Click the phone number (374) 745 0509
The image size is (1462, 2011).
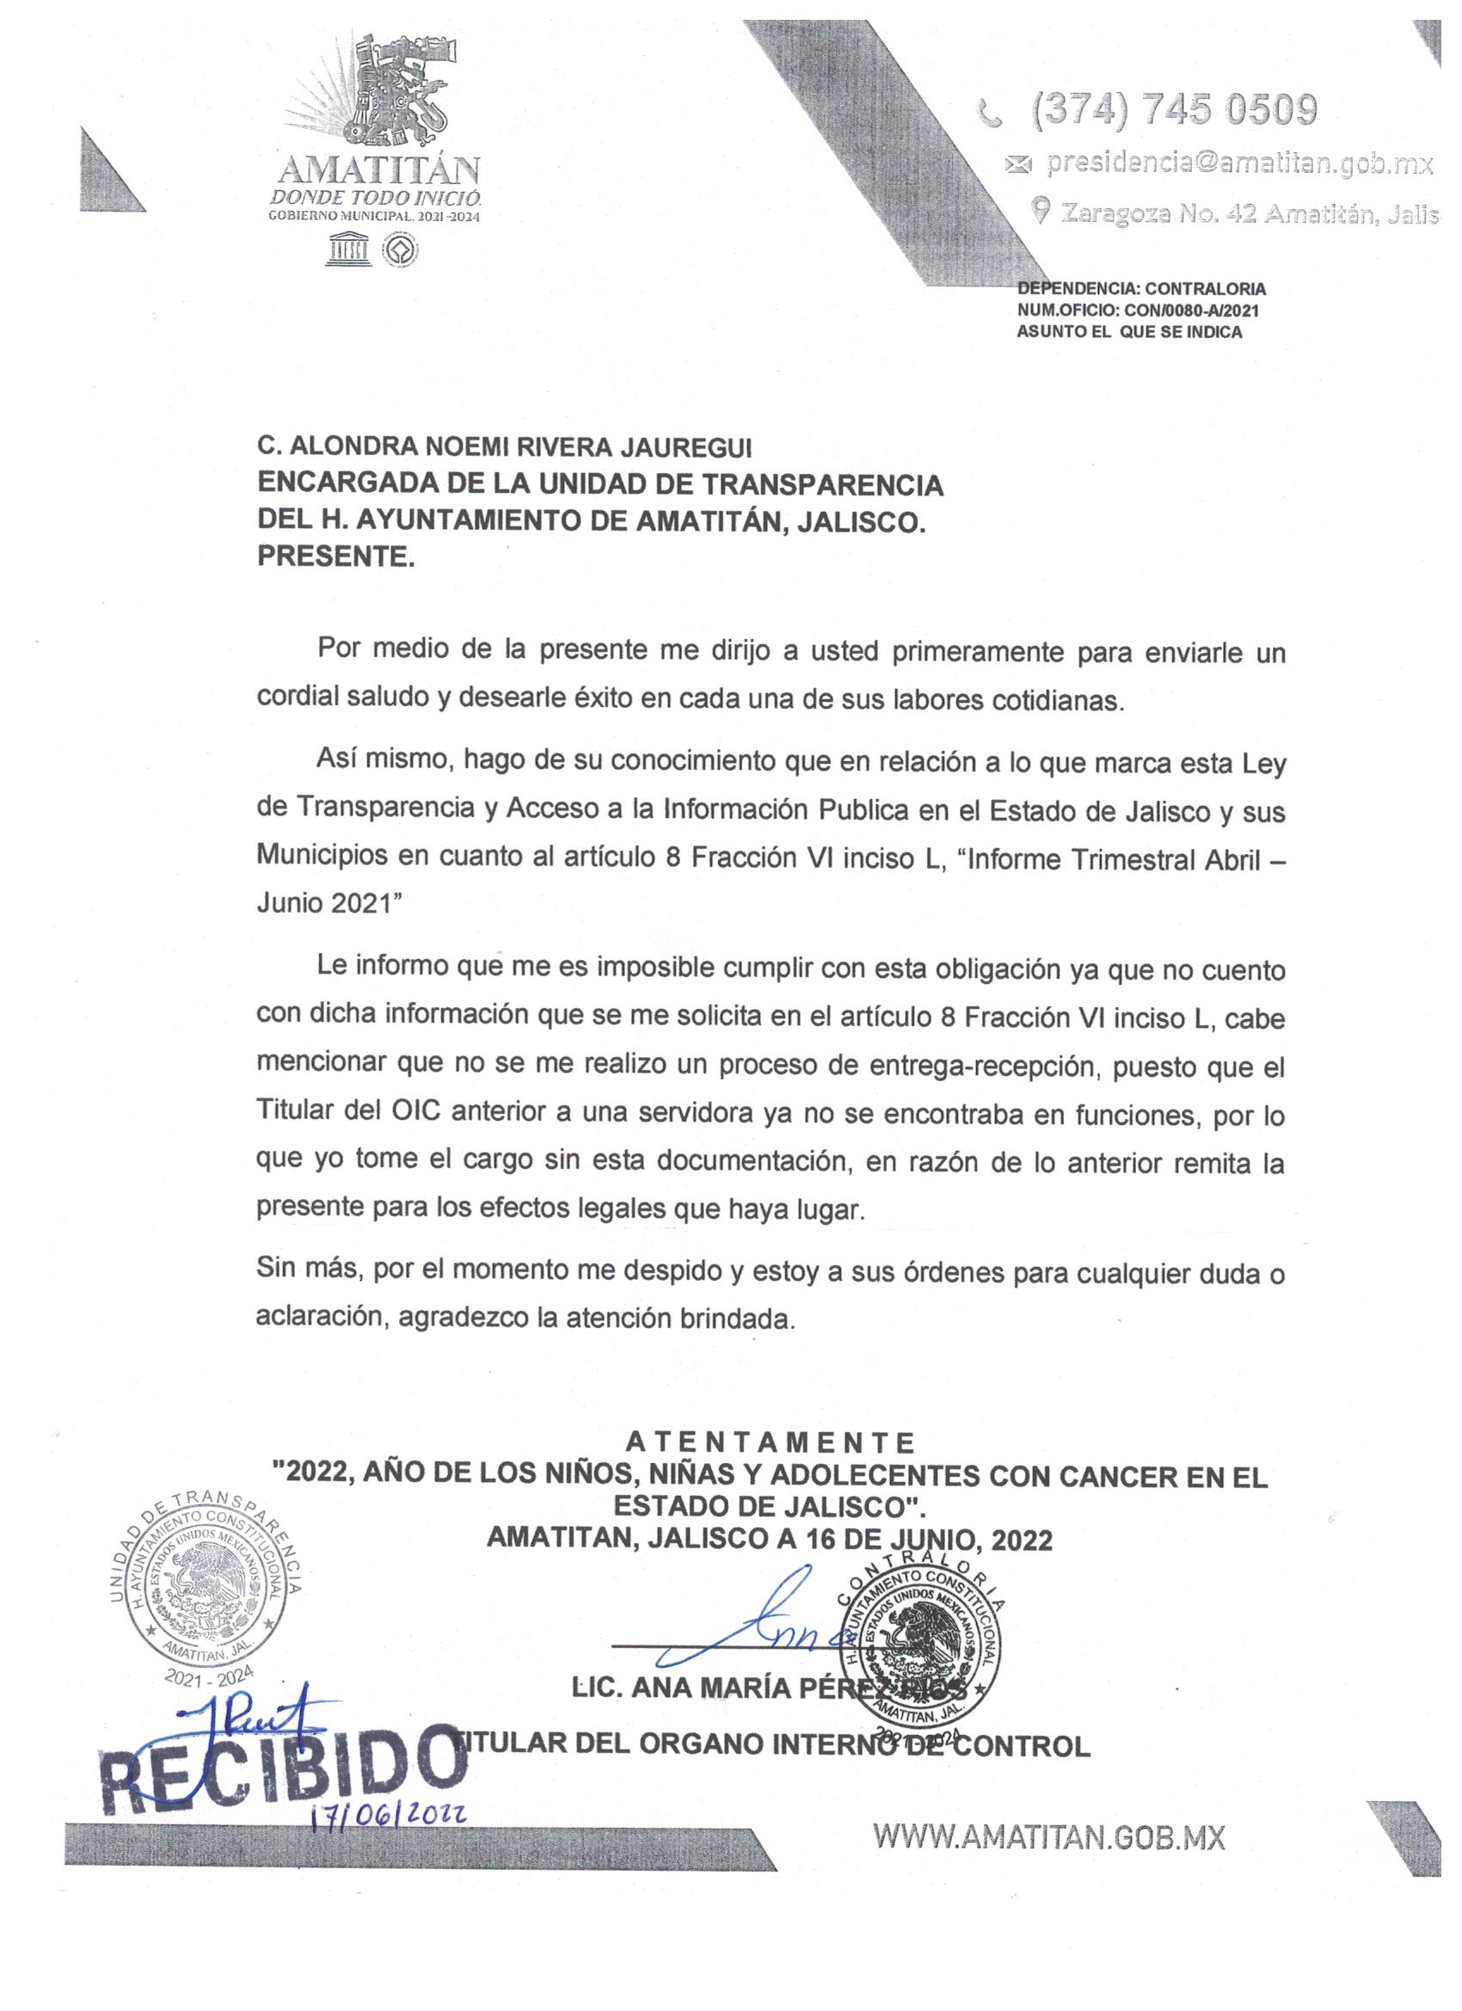click(1173, 111)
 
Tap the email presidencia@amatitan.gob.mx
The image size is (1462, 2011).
click(1238, 163)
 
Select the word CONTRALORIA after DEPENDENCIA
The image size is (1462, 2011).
click(1205, 288)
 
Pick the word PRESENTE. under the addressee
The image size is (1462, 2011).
click(335, 557)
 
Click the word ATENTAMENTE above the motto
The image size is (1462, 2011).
click(770, 1442)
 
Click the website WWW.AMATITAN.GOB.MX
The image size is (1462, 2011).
click(1049, 1837)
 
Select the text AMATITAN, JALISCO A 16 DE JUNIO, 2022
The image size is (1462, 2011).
click(770, 1539)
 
